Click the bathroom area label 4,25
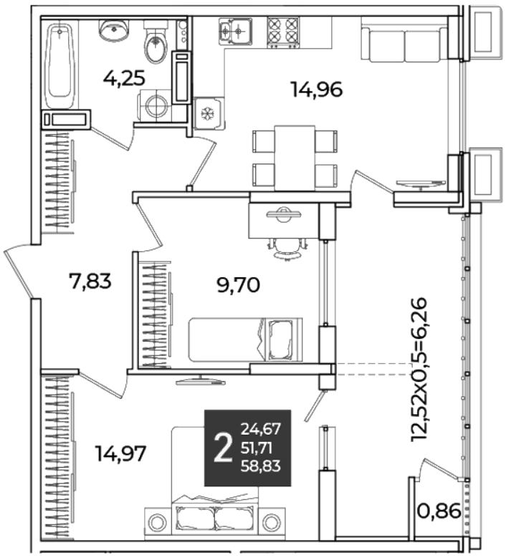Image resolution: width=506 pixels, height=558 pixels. point(124,78)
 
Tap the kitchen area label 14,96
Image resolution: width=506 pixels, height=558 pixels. point(317,90)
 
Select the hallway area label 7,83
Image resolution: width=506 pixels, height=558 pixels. point(90,281)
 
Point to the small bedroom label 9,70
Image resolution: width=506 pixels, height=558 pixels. point(238,285)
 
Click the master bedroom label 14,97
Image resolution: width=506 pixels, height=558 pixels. point(120,453)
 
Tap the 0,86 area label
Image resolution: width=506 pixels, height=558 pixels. point(439,511)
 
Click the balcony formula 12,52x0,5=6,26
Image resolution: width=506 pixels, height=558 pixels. point(419,369)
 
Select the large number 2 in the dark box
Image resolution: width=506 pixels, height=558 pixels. point(223,448)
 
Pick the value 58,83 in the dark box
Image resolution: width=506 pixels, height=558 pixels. point(261,466)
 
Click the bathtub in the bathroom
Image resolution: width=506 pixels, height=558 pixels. point(59,65)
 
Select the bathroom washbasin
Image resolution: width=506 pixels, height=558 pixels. point(114,29)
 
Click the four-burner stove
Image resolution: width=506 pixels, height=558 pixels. point(283,32)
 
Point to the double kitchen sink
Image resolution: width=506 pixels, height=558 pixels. point(235,31)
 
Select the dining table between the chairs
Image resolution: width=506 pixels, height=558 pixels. point(295,158)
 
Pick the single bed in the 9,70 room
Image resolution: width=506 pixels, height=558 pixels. point(245,340)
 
